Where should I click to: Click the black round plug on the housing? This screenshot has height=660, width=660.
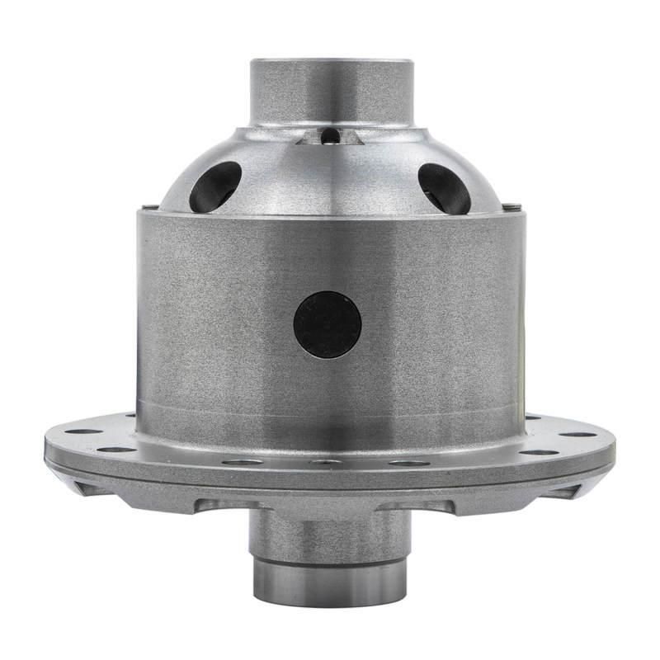328,324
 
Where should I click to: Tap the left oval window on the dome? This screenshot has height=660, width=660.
215,186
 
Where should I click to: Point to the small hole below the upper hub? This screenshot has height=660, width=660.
329,135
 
